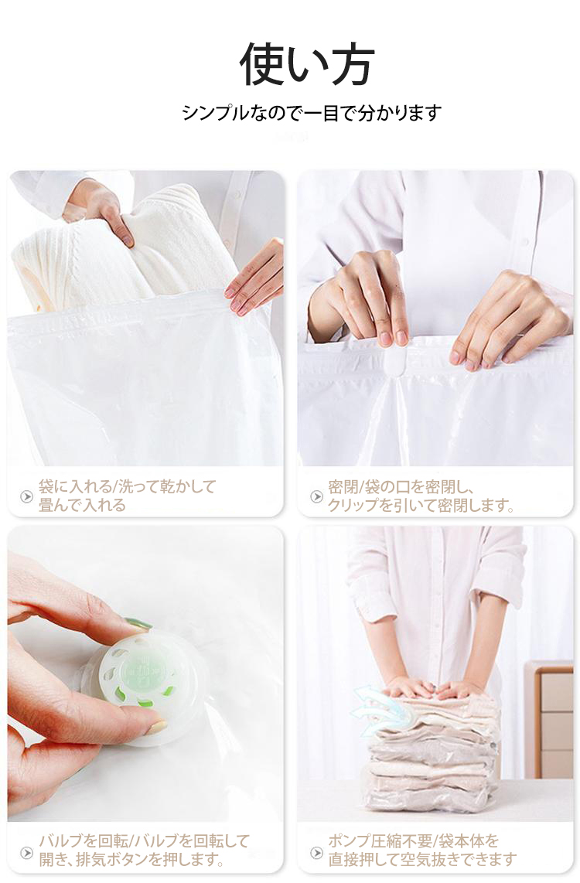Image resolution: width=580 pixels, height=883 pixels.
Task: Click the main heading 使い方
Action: pyautogui.click(x=307, y=64)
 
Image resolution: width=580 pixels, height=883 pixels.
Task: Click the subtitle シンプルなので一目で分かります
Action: pyautogui.click(x=312, y=113)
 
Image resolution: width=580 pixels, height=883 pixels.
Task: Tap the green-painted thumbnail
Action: pyautogui.click(x=138, y=623)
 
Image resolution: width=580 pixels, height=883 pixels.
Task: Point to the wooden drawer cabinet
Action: pyautogui.click(x=549, y=720)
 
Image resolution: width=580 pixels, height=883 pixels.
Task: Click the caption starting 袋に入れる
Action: pyautogui.click(x=128, y=496)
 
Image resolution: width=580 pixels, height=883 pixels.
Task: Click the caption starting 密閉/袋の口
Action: pyautogui.click(x=421, y=496)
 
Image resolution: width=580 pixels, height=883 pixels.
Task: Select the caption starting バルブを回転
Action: pyautogui.click(x=144, y=851)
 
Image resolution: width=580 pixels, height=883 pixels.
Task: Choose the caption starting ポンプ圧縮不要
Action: pyautogui.click(x=422, y=851)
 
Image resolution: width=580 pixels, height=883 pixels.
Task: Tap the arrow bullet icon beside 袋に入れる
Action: pyautogui.click(x=26, y=496)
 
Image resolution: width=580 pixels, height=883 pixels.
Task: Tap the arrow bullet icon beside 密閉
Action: pyautogui.click(x=316, y=496)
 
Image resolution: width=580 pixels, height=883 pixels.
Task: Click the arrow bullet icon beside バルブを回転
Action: pyautogui.click(x=26, y=853)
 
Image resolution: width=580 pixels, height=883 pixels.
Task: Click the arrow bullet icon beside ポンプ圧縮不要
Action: pyautogui.click(x=316, y=853)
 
